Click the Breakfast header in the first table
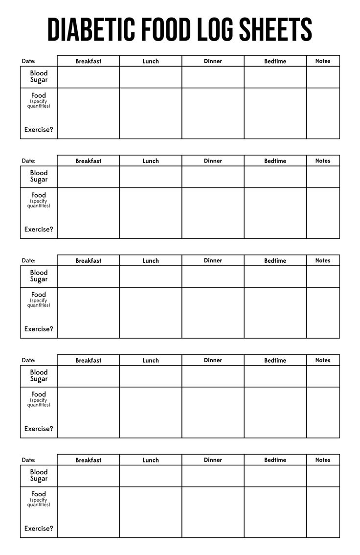pos(89,61)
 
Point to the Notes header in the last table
pos(323,460)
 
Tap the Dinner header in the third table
pos(213,260)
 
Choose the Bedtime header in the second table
pos(275,161)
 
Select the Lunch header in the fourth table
pos(151,360)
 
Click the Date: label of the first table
pos(29,61)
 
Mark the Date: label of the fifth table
pos(29,460)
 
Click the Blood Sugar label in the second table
pos(39,176)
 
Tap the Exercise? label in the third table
pos(39,329)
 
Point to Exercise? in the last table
pos(39,529)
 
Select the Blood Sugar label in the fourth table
pos(39,376)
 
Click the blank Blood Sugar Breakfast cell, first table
pos(89,77)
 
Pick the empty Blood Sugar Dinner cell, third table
pos(213,277)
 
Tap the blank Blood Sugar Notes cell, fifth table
pos(323,476)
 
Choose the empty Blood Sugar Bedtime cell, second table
pos(275,177)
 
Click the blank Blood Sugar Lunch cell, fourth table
pos(151,376)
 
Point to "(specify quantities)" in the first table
pos(39,104)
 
